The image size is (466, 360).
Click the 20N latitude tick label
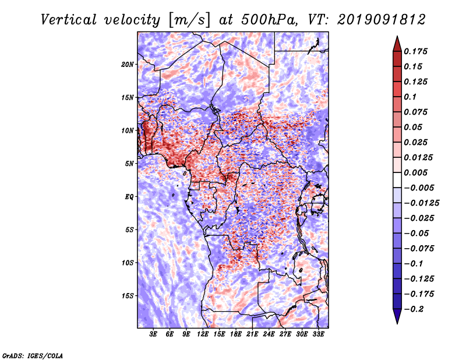coord(128,65)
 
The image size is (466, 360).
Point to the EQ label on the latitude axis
coord(129,197)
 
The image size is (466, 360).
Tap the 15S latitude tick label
coord(128,296)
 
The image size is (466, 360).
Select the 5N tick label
coord(129,164)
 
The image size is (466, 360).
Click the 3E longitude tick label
coord(153,334)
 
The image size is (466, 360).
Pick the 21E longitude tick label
coord(252,334)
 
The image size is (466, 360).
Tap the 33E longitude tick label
coord(318,334)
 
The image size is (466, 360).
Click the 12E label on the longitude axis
coord(202,334)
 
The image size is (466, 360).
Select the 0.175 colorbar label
coord(415,51)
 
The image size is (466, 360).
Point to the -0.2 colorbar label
coord(414,309)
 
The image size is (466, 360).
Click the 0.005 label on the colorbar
coord(415,172)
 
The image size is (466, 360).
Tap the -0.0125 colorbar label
coord(421,203)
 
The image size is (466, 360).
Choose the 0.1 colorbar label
coord(410,97)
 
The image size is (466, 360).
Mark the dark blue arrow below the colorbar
coord(397,316)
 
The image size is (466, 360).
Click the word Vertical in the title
coord(69,20)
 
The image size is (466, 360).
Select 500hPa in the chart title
coord(269,20)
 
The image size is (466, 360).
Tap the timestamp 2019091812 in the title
coord(382,20)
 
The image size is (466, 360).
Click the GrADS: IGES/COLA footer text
coord(33,355)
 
